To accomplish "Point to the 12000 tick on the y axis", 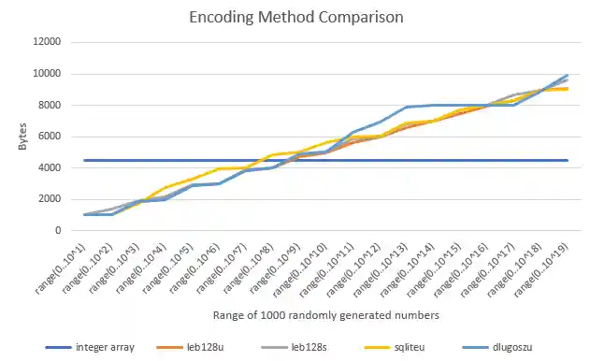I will tap(46, 42).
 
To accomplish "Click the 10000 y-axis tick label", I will tap(46, 74).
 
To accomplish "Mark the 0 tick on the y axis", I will tap(58, 230).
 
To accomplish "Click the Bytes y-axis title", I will tap(22, 137).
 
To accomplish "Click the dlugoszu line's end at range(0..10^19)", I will tap(568, 76).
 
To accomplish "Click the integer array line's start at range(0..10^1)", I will tap(85, 160).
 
